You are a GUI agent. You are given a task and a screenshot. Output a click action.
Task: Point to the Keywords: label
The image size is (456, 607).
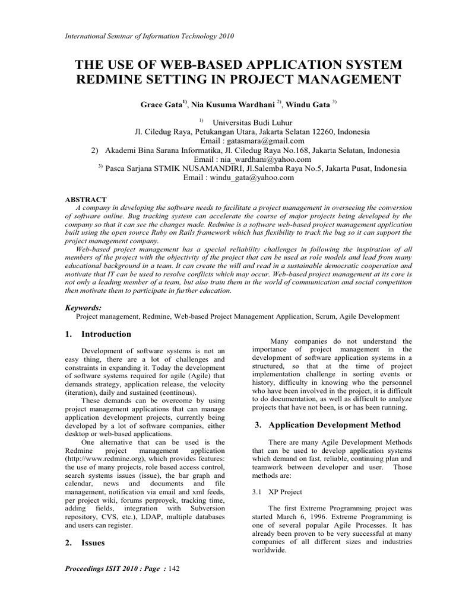click(x=83, y=308)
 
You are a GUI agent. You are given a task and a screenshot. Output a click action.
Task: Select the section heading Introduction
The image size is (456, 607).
click(x=106, y=334)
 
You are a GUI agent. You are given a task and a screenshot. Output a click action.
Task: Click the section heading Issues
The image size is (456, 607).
click(x=93, y=542)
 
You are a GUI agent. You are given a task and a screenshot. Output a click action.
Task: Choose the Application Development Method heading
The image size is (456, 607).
click(x=335, y=425)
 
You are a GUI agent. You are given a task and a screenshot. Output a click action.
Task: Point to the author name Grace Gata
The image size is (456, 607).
click(x=161, y=104)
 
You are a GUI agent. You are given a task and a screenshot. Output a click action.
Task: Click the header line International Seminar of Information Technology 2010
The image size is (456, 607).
click(x=148, y=36)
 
